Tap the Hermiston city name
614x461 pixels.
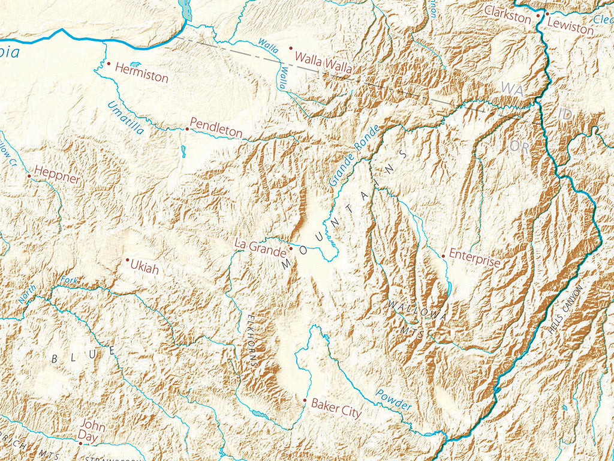coord(141,76)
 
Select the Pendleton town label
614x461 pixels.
coord(216,131)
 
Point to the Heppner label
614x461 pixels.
coord(57,178)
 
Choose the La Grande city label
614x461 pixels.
coord(260,246)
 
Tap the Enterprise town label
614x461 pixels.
coord(474,262)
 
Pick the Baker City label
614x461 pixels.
coord(336,412)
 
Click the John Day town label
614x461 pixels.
coord(93,432)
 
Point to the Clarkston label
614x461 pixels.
coord(508,14)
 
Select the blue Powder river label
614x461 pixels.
coord(394,400)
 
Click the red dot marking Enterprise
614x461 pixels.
coord(444,256)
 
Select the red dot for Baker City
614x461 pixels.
coord(305,400)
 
